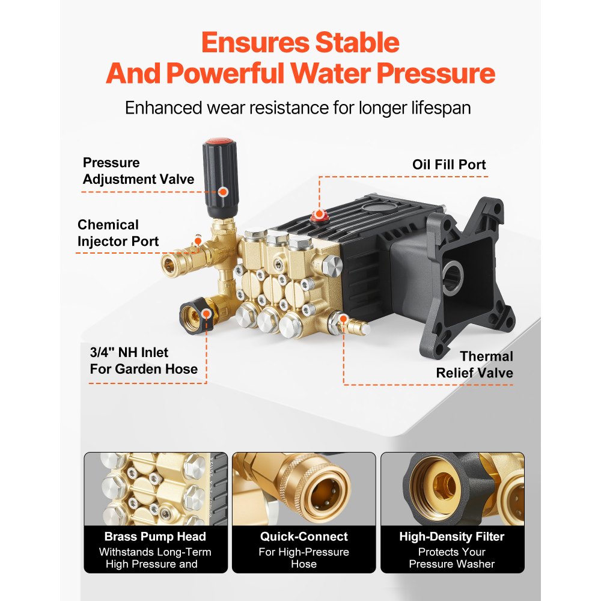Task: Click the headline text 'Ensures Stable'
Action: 300,43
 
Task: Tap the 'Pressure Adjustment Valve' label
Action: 138,171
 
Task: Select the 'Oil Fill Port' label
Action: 449,165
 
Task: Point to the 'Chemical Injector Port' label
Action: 118,233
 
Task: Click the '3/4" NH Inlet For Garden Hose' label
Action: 144,361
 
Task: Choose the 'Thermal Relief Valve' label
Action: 474,365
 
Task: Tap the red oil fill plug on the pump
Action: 319,215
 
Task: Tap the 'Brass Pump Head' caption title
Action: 155,537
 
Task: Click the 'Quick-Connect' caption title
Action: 304,537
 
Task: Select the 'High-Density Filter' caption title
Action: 451,537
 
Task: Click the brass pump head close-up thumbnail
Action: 156,487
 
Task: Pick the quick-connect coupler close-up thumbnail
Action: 304,487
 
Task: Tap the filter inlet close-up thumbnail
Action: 452,487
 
